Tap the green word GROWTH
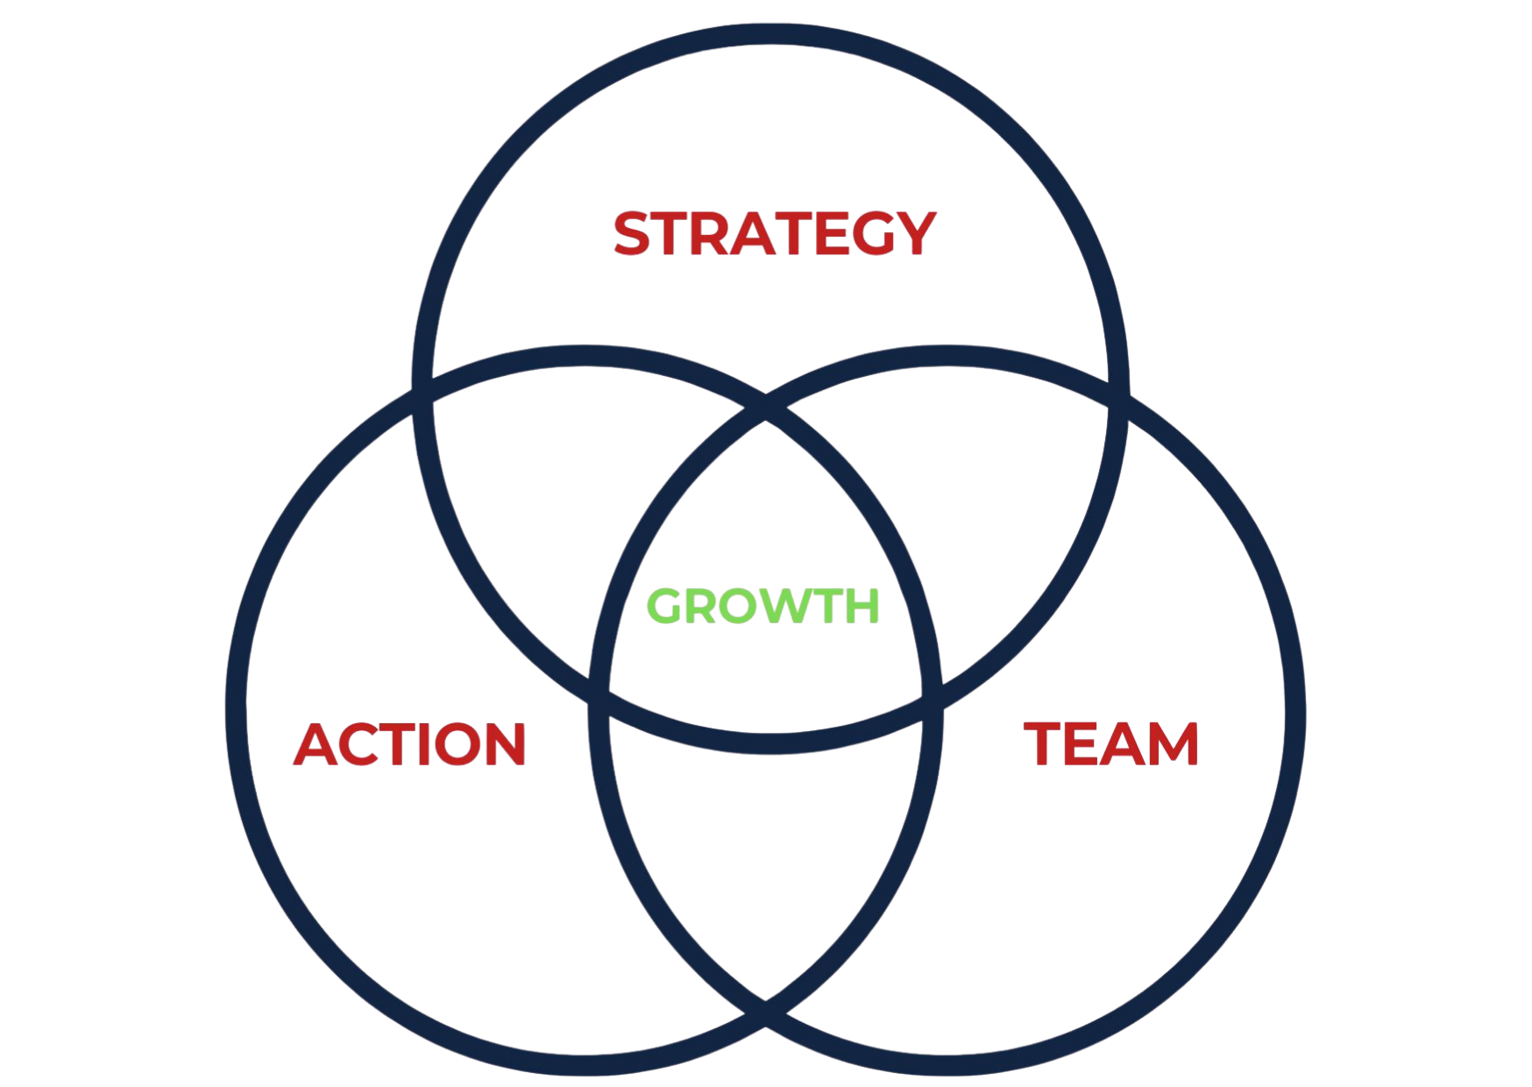pos(763,607)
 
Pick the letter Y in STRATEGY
pos(913,232)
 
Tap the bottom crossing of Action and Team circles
pos(765,1017)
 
